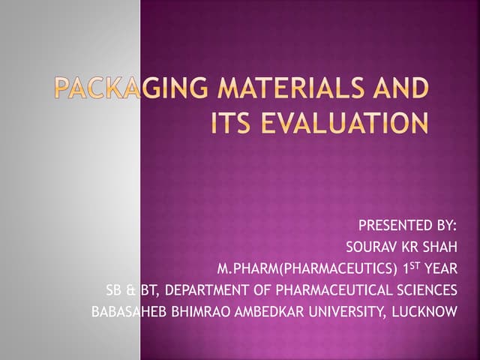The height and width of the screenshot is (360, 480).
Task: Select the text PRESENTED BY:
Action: (x=407, y=225)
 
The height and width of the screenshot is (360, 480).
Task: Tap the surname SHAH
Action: (x=439, y=246)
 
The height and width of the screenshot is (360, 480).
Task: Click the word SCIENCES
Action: (x=427, y=289)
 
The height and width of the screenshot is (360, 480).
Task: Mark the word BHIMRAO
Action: (x=197, y=310)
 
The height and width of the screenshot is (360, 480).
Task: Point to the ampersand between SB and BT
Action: (x=130, y=289)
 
